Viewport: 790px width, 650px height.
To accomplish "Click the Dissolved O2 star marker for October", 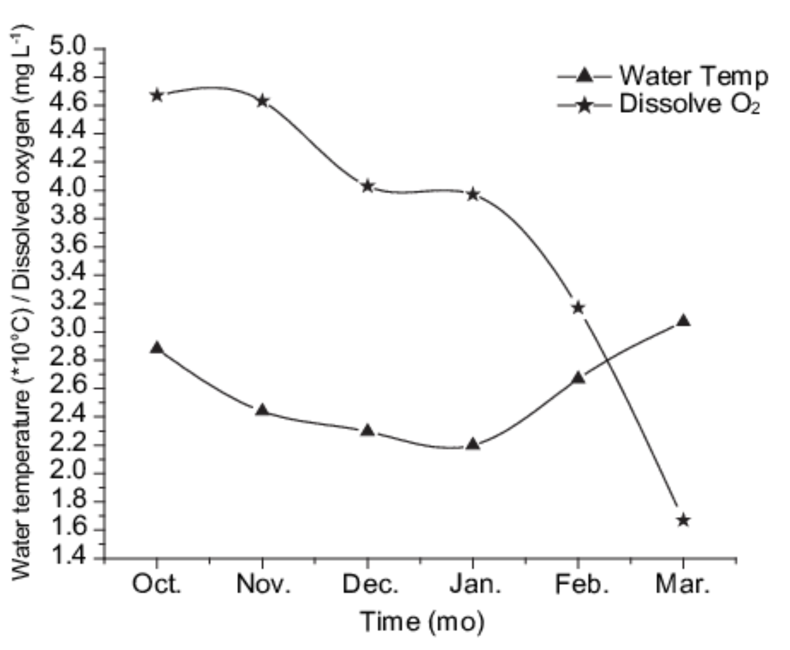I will [157, 95].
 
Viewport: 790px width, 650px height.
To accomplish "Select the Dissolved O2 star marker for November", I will [262, 101].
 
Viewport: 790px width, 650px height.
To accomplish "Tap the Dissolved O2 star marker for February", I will [578, 308].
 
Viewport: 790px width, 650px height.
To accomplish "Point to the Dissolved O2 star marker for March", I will [684, 520].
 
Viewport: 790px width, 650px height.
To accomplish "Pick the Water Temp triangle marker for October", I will [157, 348].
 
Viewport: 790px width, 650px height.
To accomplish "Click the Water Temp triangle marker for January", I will [473, 444].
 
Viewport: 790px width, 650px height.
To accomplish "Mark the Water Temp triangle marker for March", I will [684, 321].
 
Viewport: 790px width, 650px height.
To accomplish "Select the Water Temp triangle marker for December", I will [368, 430].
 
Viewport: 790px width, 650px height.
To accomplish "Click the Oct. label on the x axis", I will [157, 584].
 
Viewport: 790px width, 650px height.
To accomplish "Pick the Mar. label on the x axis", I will [683, 584].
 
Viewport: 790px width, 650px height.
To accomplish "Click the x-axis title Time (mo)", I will [422, 622].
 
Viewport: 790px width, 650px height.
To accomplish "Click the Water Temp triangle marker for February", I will [578, 378].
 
